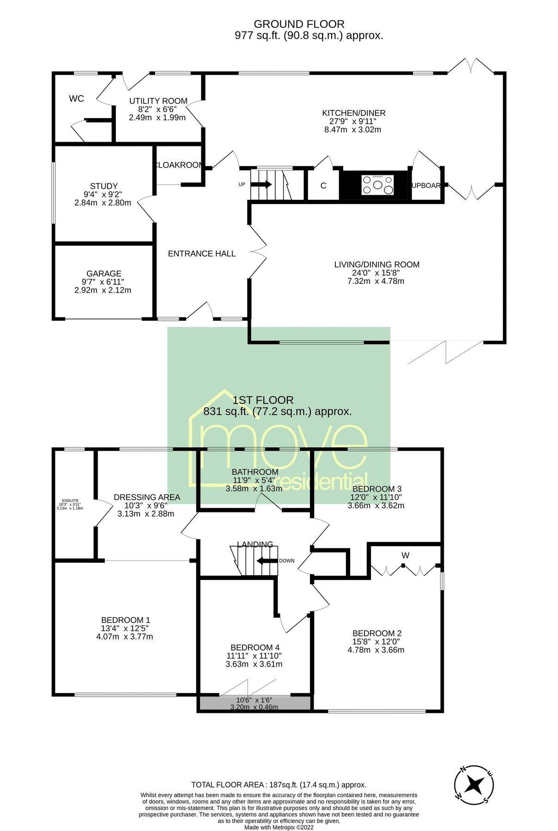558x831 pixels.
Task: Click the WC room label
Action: (76, 98)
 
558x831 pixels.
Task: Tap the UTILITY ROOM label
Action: (158, 101)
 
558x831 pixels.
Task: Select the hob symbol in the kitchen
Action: (378, 185)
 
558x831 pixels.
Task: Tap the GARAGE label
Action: (103, 273)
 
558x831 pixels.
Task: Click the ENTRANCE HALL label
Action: (201, 253)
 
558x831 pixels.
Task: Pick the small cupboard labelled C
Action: (323, 186)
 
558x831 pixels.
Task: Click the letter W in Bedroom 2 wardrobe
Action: (405, 555)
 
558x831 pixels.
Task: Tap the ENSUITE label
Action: (70, 500)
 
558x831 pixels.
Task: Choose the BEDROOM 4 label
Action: (255, 647)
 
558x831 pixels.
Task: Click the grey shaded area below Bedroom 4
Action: (255, 703)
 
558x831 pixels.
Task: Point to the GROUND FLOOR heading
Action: (299, 24)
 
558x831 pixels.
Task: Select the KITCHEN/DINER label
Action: (353, 113)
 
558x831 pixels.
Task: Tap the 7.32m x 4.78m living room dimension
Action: (376, 281)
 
